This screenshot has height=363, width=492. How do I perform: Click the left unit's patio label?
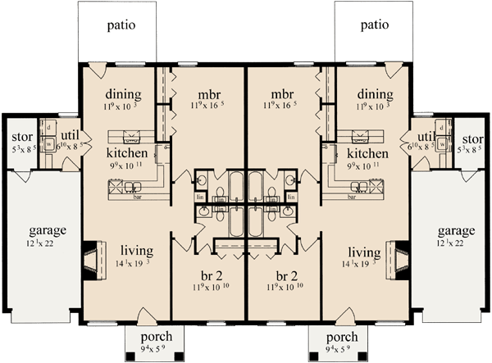(121, 25)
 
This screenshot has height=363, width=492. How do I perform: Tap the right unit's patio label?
(374, 25)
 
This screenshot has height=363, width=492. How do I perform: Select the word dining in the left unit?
(124, 94)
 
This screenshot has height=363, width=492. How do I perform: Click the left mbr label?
(204, 94)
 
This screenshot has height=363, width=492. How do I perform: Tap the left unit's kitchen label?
(127, 153)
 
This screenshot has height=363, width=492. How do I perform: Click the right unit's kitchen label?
(367, 153)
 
